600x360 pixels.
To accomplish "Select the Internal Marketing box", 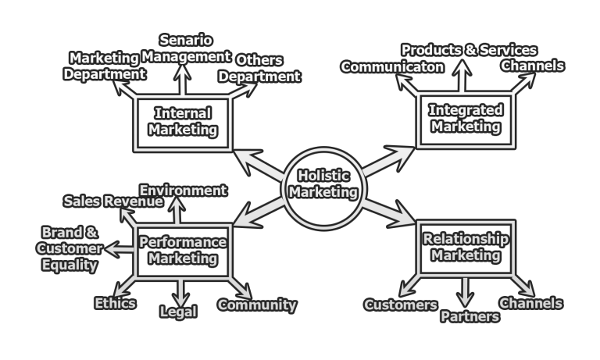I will pyautogui.click(x=183, y=122).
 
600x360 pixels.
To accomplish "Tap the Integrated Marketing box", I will pyautogui.click(x=465, y=118).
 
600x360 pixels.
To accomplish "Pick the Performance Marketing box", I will pyautogui.click(x=183, y=250).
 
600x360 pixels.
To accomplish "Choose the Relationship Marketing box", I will pyautogui.click(x=465, y=247).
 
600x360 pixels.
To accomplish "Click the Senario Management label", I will pyautogui.click(x=185, y=48).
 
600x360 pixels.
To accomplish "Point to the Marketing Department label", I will pyautogui.click(x=105, y=66).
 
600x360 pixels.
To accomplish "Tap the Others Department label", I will pyautogui.click(x=259, y=69).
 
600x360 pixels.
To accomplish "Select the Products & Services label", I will pyautogui.click(x=469, y=50).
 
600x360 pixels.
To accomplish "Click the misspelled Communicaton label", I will pyautogui.click(x=392, y=67).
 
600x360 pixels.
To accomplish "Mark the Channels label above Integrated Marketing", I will pyautogui.click(x=532, y=66).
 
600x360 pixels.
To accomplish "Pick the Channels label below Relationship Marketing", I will pyautogui.click(x=530, y=303).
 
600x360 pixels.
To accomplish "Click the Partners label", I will pyautogui.click(x=470, y=316).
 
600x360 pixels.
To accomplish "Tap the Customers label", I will pyautogui.click(x=401, y=305).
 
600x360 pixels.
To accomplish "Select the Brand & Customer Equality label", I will pyautogui.click(x=70, y=249).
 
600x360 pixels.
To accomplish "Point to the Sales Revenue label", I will pyautogui.click(x=113, y=201).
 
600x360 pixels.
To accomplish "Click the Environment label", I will pyautogui.click(x=183, y=191).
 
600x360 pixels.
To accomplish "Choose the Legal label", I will pyautogui.click(x=178, y=312).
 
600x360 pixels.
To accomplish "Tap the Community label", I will pyautogui.click(x=257, y=305).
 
